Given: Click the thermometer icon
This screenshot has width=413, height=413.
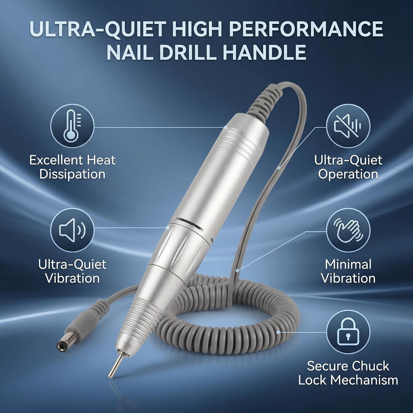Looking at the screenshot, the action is (x=72, y=126).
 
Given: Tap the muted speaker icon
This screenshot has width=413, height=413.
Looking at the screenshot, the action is (x=348, y=126).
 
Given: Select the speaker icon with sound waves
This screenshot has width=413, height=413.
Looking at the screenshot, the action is (x=72, y=230).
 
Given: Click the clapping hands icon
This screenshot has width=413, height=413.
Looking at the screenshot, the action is (x=348, y=230).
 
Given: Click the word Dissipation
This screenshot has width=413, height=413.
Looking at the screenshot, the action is (x=72, y=174).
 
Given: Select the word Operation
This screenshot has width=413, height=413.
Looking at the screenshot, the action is (x=348, y=174).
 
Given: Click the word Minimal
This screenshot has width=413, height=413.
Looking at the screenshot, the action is (x=348, y=265).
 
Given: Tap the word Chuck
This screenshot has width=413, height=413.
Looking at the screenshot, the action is (x=370, y=366).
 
